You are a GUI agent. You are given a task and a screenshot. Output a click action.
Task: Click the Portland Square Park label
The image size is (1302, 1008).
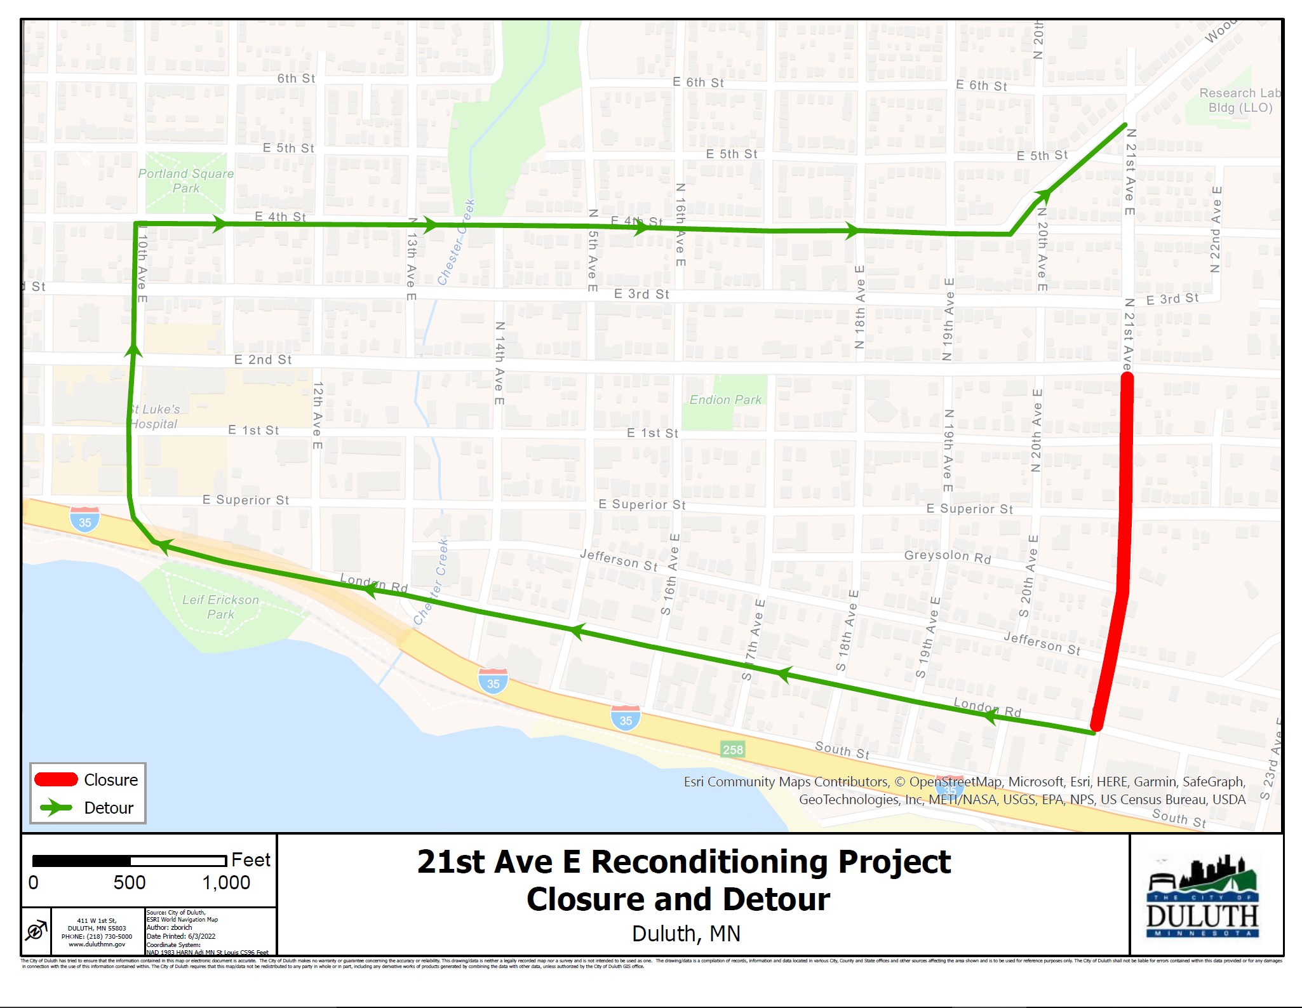click(x=186, y=181)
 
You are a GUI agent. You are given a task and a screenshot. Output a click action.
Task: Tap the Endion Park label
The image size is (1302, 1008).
click(x=725, y=400)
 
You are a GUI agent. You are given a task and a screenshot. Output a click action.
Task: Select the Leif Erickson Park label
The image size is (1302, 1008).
click(x=220, y=607)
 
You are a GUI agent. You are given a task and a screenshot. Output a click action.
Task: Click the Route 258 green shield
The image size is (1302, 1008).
click(x=732, y=749)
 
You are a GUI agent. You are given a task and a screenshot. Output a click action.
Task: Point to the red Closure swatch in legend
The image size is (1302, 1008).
click(x=56, y=779)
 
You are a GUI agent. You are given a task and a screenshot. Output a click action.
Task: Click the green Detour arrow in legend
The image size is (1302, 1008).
click(x=56, y=808)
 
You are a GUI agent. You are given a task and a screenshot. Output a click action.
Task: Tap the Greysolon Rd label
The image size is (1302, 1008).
click(x=947, y=556)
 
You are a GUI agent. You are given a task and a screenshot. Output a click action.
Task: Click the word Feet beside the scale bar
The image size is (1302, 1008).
click(x=251, y=860)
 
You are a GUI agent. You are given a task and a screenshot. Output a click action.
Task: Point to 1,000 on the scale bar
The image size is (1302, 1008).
click(x=226, y=883)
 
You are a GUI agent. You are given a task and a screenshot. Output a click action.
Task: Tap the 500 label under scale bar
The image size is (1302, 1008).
click(x=130, y=883)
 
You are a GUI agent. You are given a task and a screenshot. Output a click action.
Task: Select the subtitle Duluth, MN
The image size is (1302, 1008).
click(x=686, y=934)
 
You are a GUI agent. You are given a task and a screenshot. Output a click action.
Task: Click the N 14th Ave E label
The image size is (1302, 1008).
click(x=500, y=363)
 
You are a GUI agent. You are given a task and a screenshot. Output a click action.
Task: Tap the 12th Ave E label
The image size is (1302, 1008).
click(x=318, y=415)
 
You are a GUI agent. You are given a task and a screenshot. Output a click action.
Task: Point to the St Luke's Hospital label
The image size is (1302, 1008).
click(x=154, y=417)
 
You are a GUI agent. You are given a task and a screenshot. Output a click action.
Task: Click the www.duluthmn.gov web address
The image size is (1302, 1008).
click(x=97, y=944)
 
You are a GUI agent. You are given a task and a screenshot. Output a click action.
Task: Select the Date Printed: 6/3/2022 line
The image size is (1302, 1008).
click(x=181, y=936)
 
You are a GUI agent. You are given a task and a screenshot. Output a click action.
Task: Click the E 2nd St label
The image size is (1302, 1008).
click(x=263, y=360)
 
